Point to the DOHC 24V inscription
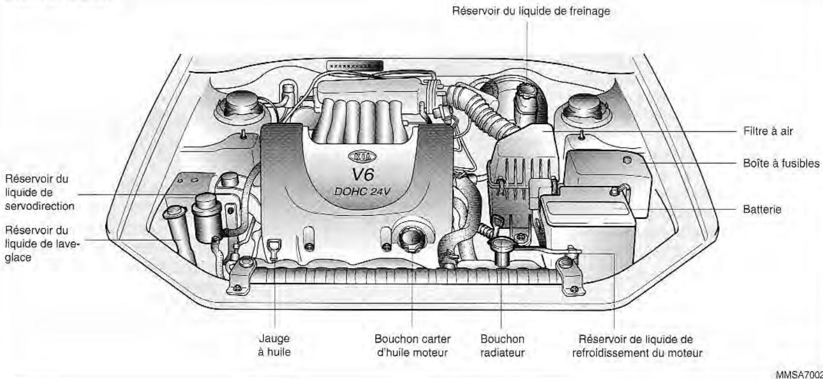coord(362,192)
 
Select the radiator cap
coord(501,246)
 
